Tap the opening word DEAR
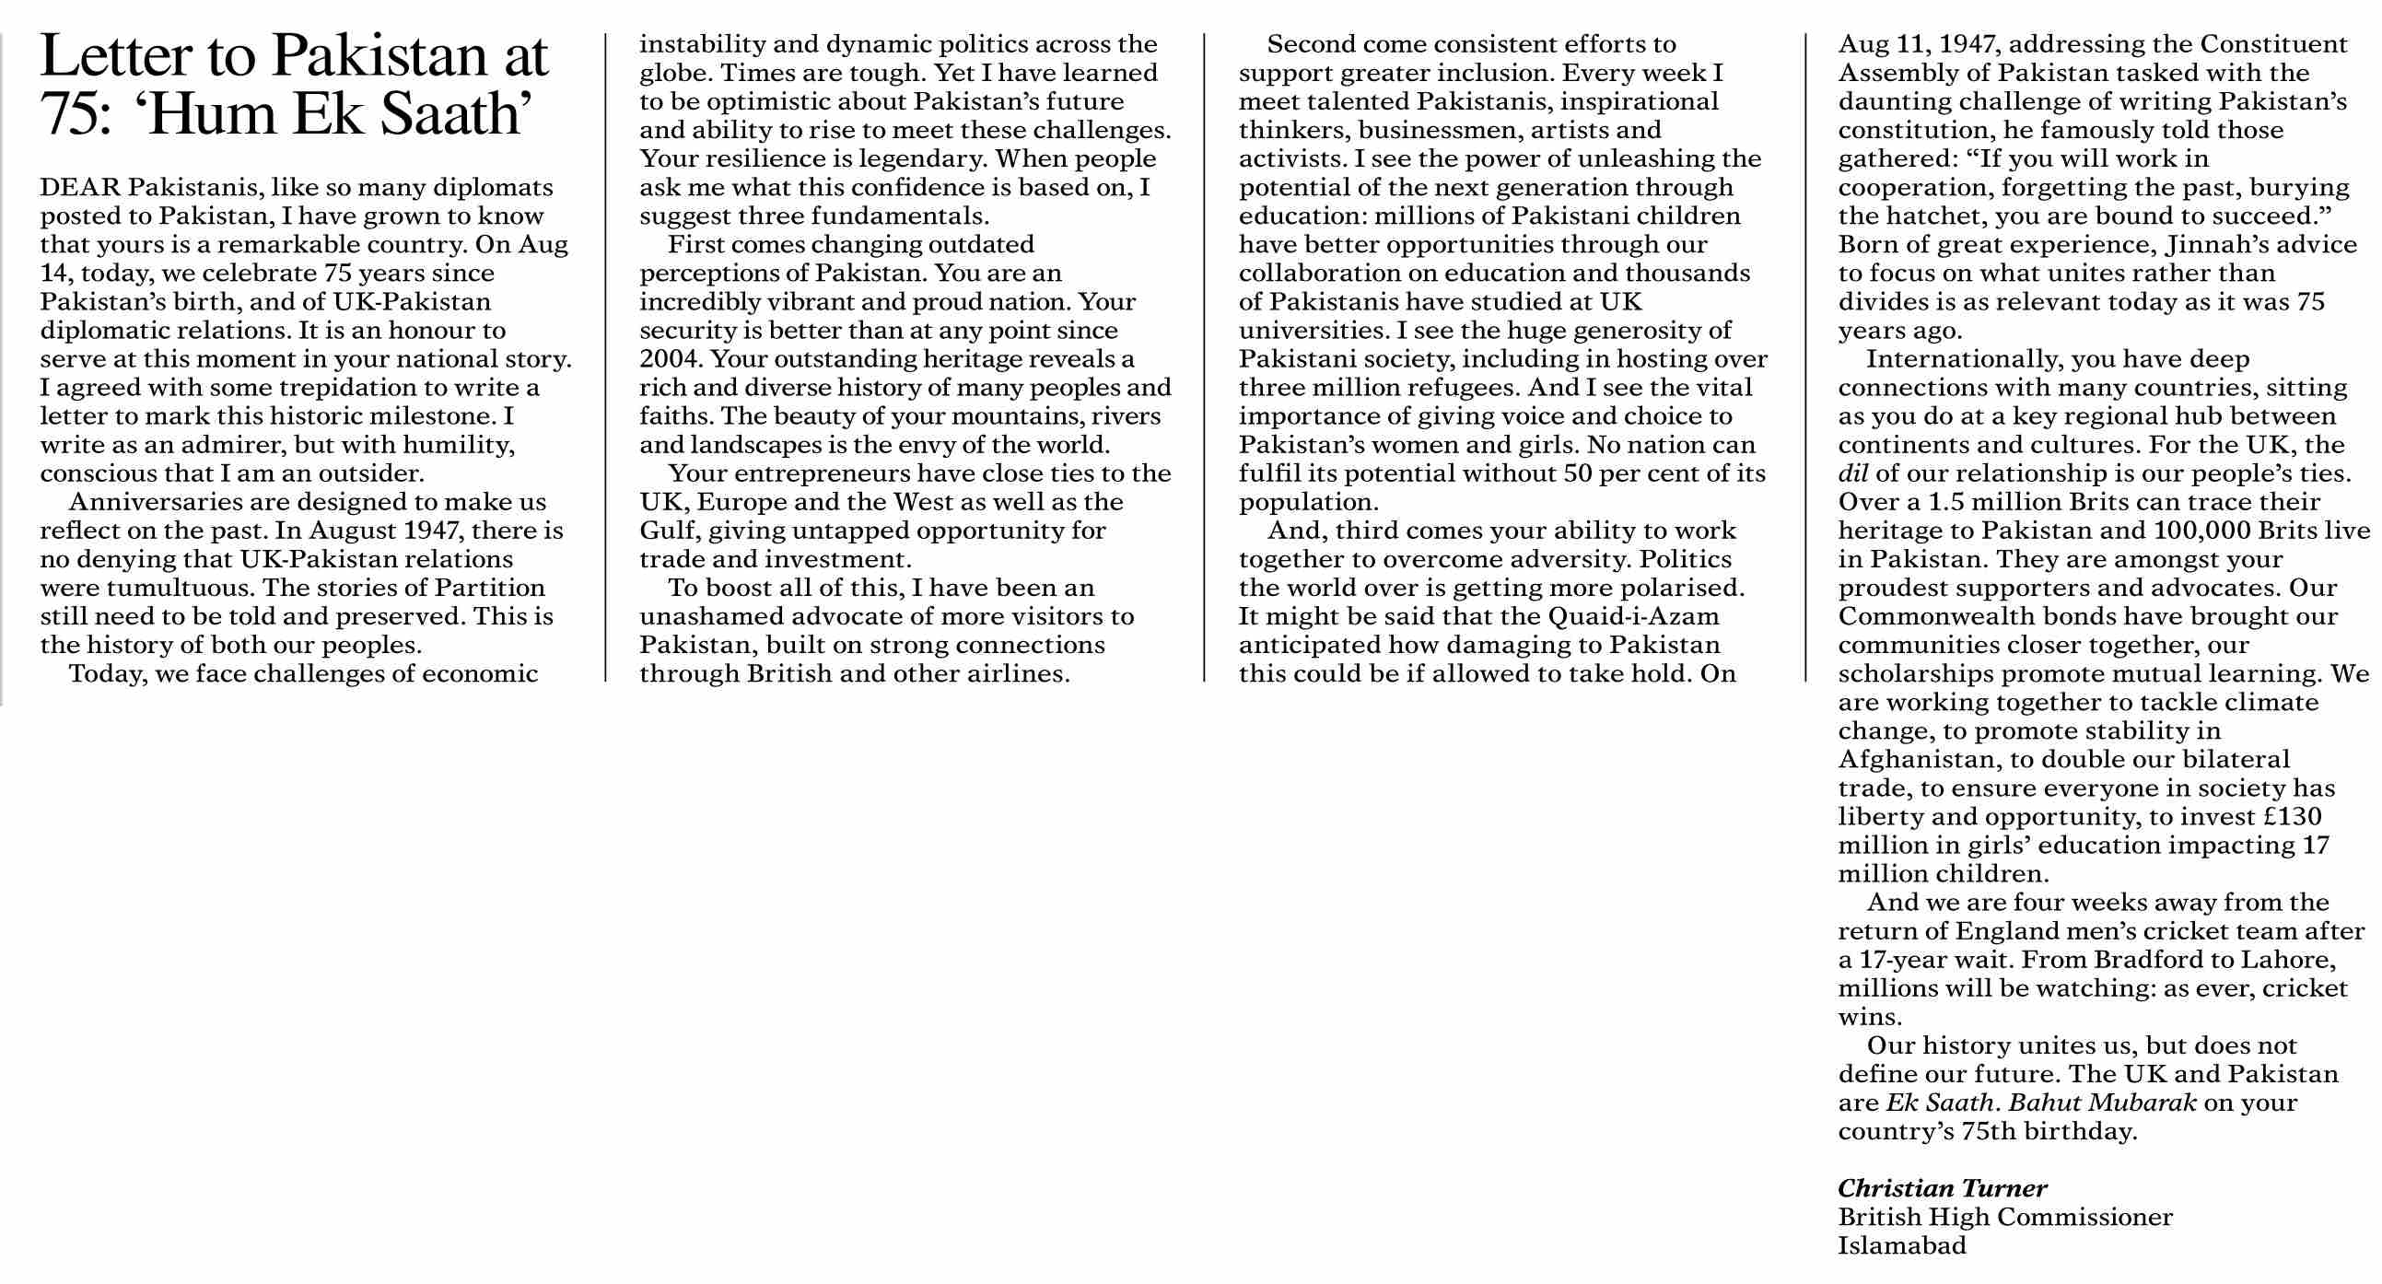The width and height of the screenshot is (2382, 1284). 80,188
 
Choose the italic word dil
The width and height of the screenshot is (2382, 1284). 1853,473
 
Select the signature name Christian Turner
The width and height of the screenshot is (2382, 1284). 1942,1189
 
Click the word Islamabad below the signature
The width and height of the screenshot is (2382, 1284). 1902,1246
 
